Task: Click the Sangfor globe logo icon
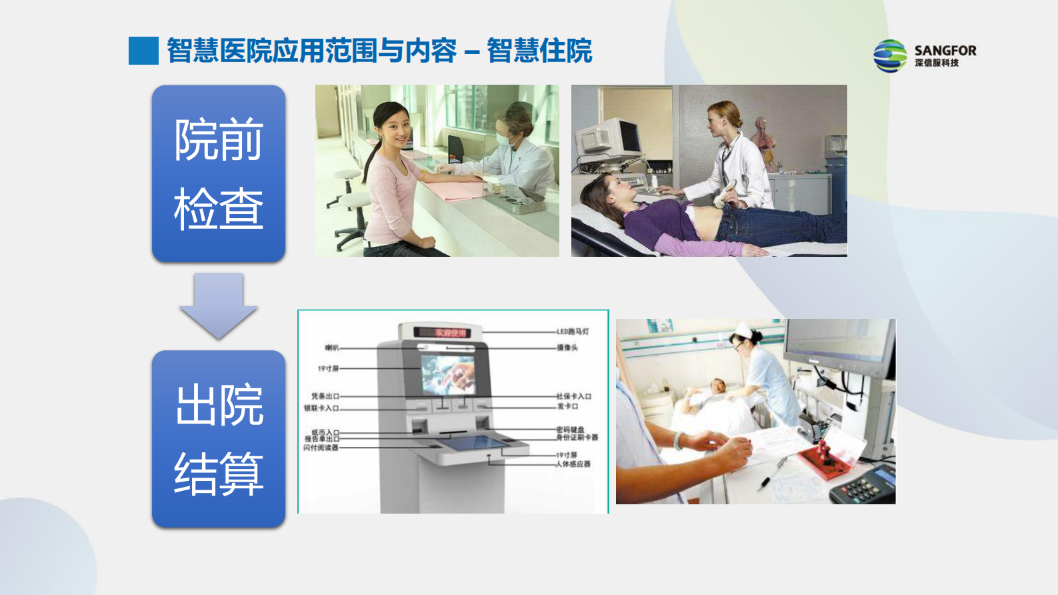click(890, 55)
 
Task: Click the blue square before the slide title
click(143, 51)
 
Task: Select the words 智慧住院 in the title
click(539, 51)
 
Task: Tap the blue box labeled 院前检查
click(219, 173)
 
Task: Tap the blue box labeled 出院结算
click(219, 439)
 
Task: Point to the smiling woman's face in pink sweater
click(391, 126)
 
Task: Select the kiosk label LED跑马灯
click(573, 332)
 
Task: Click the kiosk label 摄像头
click(567, 348)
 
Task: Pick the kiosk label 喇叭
click(331, 348)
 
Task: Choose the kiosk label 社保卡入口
click(574, 396)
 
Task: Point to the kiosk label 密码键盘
click(570, 430)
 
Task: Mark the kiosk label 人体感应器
click(573, 464)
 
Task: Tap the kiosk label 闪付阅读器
click(321, 448)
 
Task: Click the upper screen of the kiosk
click(447, 374)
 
